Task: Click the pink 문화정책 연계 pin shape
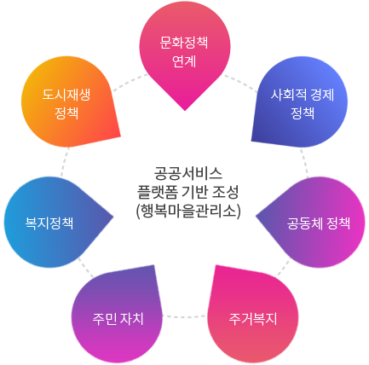[x=184, y=51]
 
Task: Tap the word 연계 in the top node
[x=184, y=61]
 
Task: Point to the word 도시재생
[x=66, y=94]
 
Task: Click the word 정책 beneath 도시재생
[x=66, y=112]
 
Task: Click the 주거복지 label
[x=252, y=319]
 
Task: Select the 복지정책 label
[x=49, y=223]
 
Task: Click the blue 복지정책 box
[x=58, y=205]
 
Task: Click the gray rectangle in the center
[x=188, y=193]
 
